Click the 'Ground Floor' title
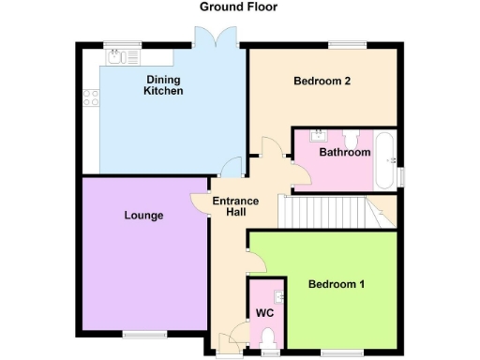238,7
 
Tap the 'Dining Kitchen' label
163,85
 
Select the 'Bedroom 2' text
322,82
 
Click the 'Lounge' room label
143,216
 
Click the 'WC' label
264,313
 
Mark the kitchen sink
116,57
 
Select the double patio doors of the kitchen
208,39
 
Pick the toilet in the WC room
270,337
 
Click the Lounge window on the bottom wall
141,333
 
